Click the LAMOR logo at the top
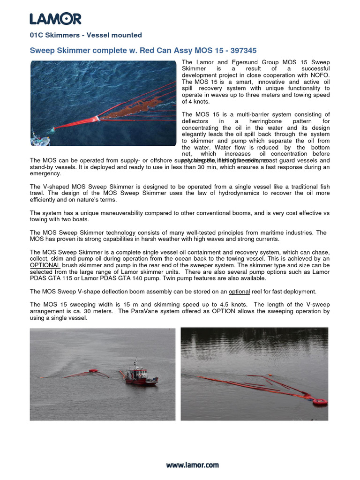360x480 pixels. [55, 19]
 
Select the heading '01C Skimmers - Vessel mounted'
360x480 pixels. [86, 35]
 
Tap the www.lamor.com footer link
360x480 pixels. [192, 465]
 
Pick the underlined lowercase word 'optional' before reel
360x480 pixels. [239, 291]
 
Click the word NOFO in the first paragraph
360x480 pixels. [320, 75]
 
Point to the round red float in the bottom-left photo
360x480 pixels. [94, 371]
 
